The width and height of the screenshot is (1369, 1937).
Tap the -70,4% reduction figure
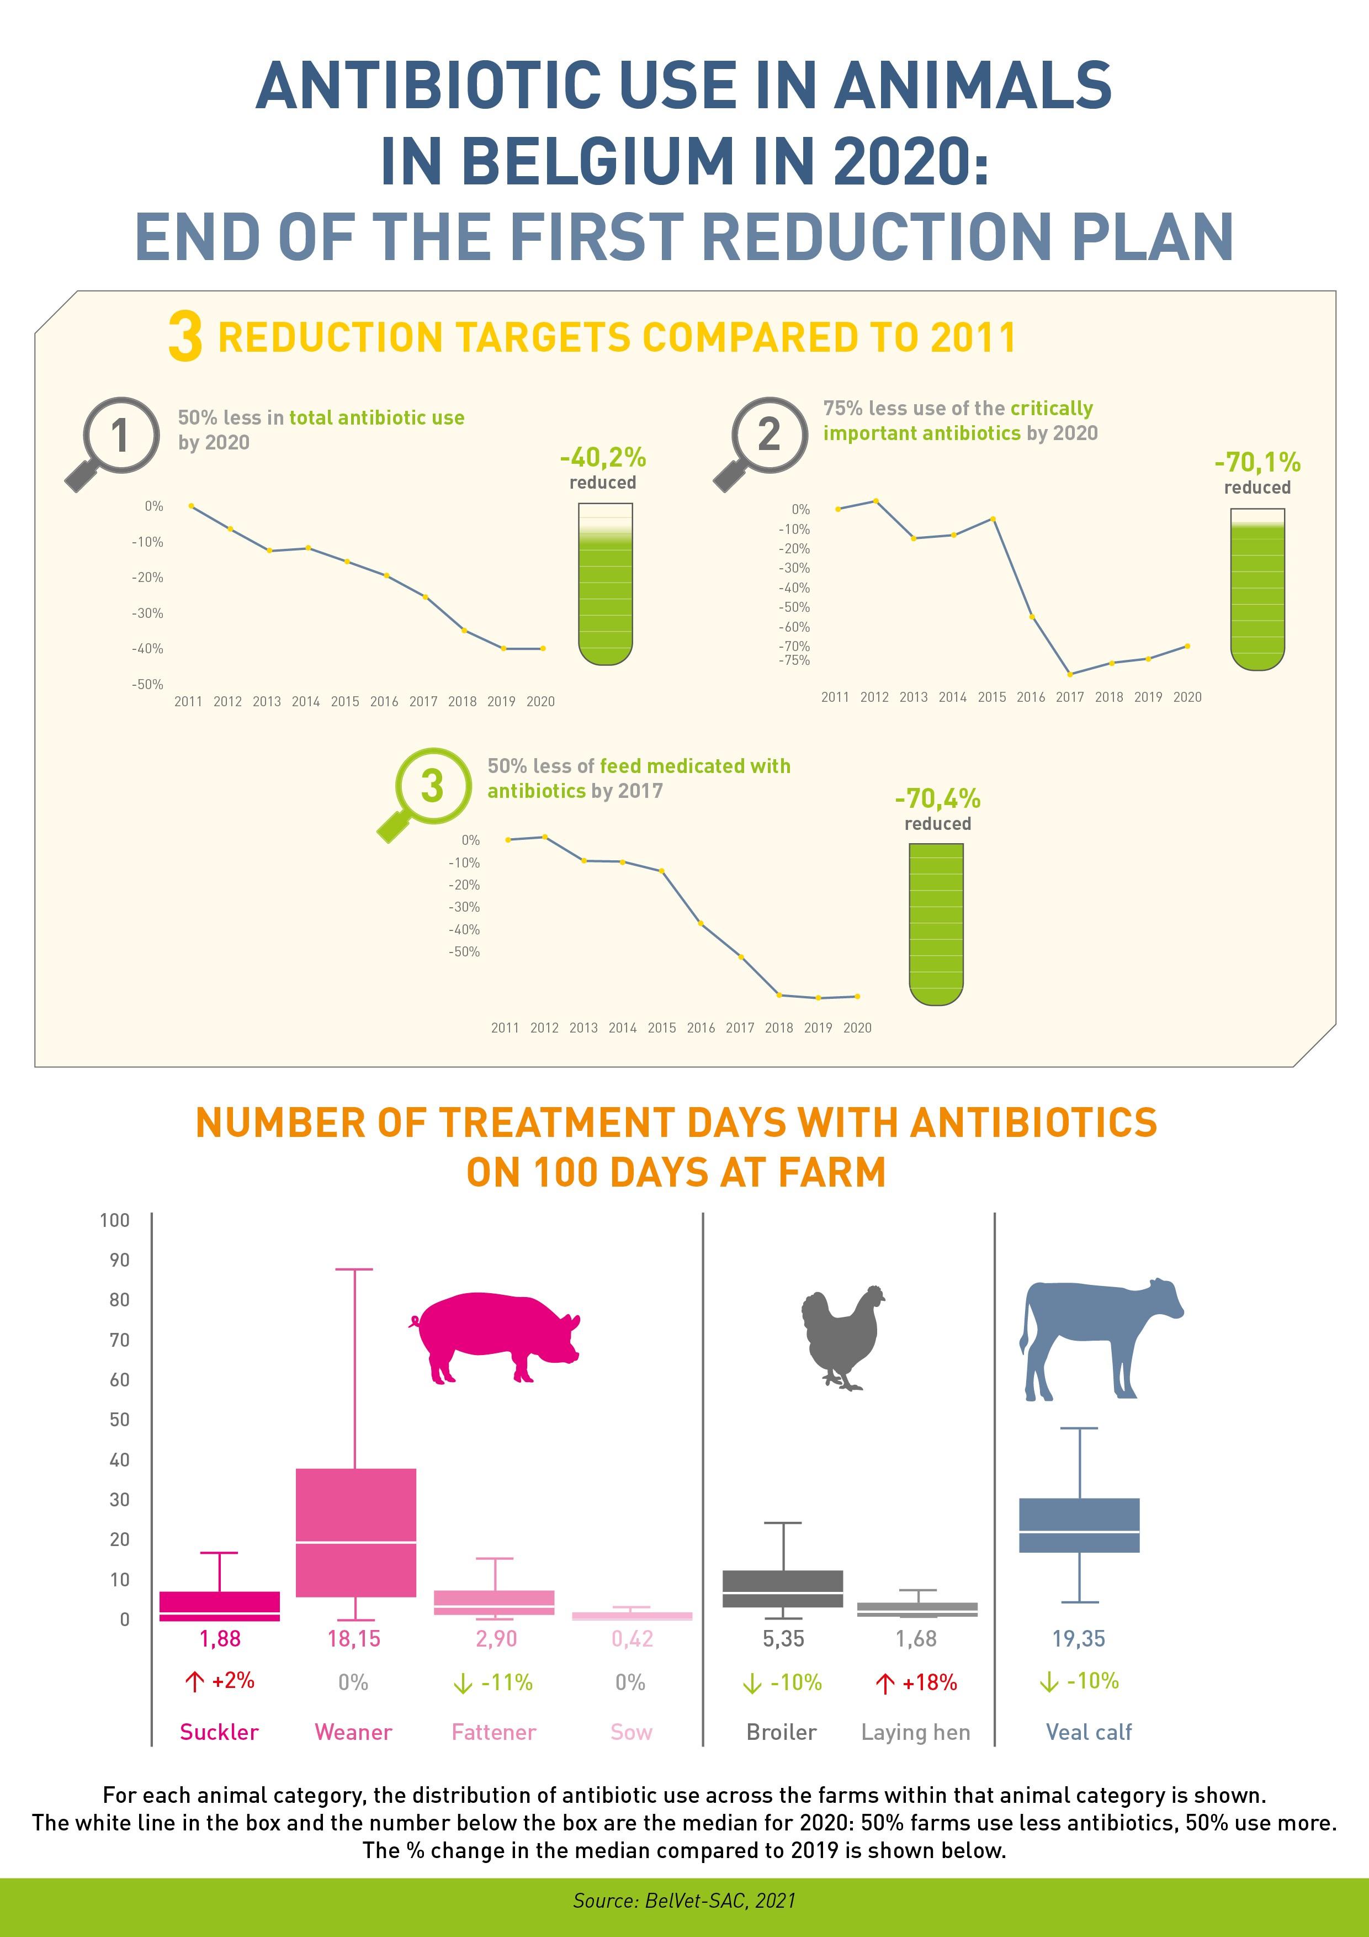pyautogui.click(x=937, y=798)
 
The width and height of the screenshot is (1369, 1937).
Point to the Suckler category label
pyautogui.click(x=219, y=1732)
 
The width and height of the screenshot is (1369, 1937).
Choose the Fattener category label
pyautogui.click(x=494, y=1732)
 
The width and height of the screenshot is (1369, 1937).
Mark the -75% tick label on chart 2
pyautogui.click(x=794, y=660)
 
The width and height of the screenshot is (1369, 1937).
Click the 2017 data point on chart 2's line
pyautogui.click(x=1070, y=674)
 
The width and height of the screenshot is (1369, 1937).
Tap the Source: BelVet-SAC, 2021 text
pyautogui.click(x=684, y=1900)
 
